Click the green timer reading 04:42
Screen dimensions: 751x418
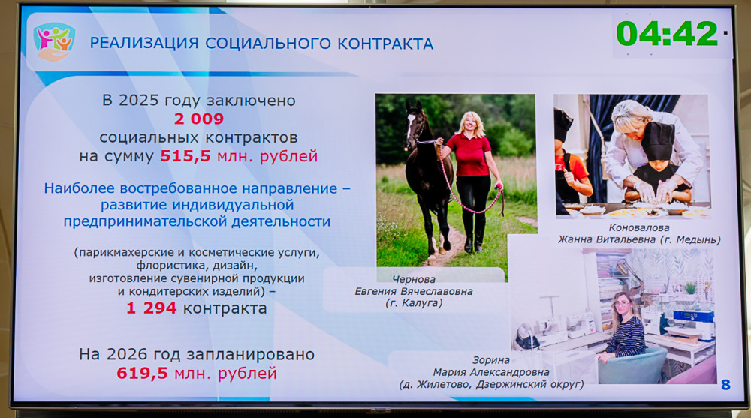pos(667,34)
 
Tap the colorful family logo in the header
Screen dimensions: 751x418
pos(54,42)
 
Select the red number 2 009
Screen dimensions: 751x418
pos(199,119)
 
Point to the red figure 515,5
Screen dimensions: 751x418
pos(185,156)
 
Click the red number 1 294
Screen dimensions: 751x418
pos(152,308)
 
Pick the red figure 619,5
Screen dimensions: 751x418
pos(142,373)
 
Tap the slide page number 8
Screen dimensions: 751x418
pos(725,384)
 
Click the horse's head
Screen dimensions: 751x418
pos(413,123)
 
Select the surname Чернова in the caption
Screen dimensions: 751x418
pos(414,279)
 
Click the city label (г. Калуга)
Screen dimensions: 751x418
pos(414,303)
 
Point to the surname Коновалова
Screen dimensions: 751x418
pos(639,228)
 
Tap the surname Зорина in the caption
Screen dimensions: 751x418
pos(491,360)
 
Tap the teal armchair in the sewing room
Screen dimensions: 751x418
pos(632,365)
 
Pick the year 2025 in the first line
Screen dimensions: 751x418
pos(138,100)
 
